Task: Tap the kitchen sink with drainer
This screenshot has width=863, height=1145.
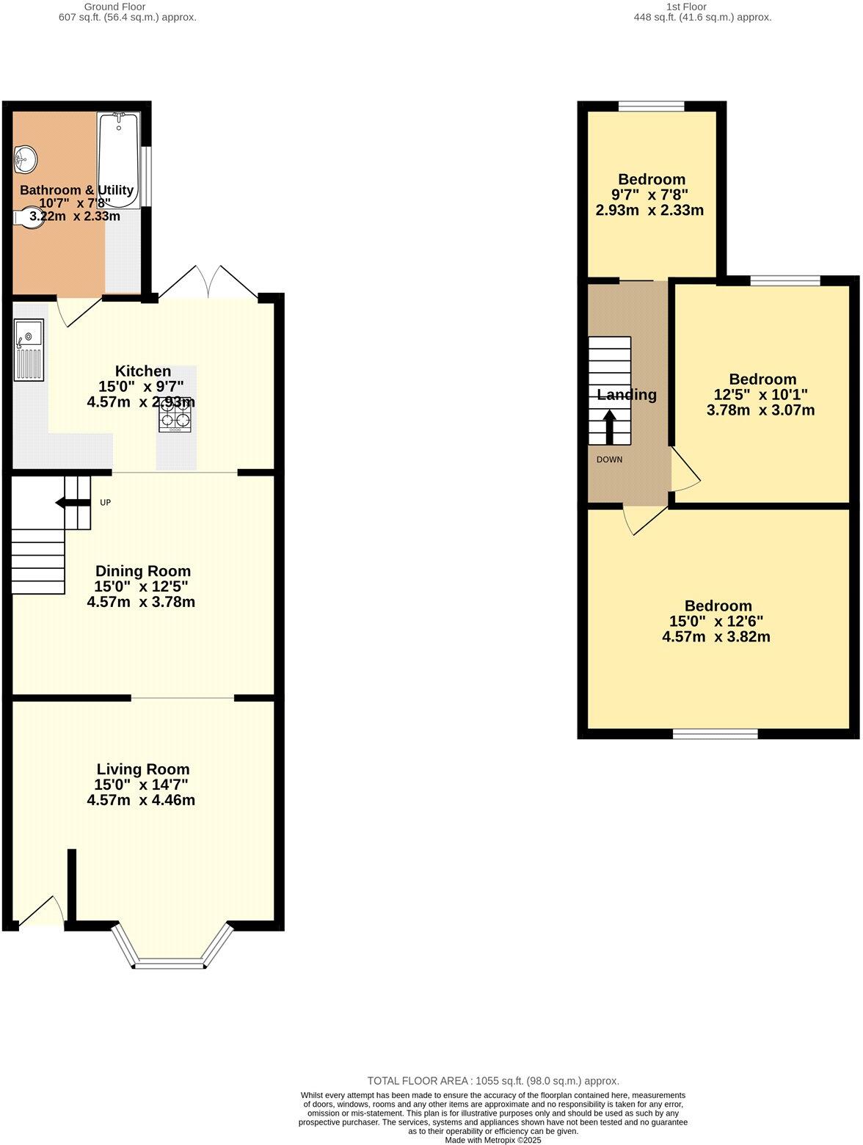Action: coord(29,350)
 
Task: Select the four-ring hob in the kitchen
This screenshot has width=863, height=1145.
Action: coord(175,414)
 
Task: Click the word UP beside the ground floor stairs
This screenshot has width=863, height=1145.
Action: coord(105,503)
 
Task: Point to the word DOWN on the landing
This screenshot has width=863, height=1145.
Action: coord(609,460)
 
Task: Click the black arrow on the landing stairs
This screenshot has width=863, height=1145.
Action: coord(609,426)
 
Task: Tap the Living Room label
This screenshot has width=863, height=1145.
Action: coord(143,769)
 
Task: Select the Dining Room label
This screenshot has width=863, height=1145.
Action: coord(143,571)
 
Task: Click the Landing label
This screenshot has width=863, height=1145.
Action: coord(627,395)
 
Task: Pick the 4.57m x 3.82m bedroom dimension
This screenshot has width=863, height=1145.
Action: coord(716,637)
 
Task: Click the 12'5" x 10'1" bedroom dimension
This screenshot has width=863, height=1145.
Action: coord(761,395)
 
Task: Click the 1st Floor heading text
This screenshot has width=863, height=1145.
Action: coord(686,7)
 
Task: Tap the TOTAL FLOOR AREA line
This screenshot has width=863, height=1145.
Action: coord(493,1080)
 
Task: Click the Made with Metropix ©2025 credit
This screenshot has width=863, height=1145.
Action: coord(493,1140)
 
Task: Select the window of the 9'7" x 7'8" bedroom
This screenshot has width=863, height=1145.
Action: coord(652,106)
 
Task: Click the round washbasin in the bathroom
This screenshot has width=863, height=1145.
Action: coord(25,158)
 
